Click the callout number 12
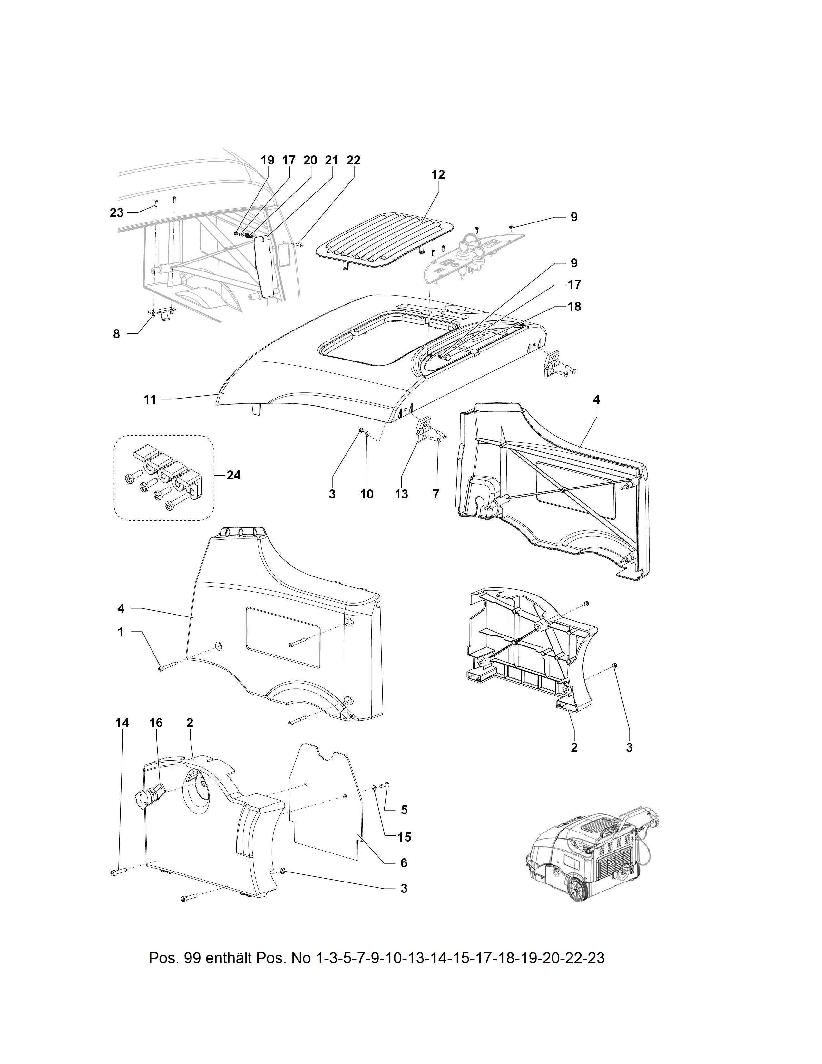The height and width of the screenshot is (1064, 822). click(438, 174)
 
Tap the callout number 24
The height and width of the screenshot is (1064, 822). click(234, 475)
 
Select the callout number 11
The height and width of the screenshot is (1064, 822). click(150, 399)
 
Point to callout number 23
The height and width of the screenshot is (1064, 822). click(117, 212)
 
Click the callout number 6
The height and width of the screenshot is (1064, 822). click(404, 863)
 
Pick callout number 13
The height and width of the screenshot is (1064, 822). click(401, 494)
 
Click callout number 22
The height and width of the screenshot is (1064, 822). click(354, 160)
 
